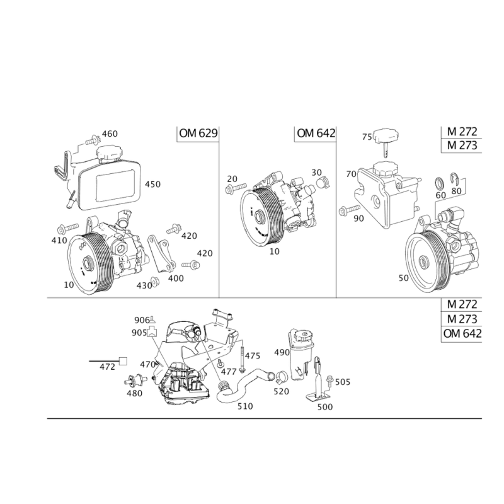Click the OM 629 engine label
click(x=198, y=133)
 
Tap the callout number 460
click(x=110, y=134)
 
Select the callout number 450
click(x=152, y=184)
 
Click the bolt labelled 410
click(x=67, y=229)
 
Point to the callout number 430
click(x=144, y=285)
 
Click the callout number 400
click(x=176, y=278)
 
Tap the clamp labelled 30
click(x=323, y=183)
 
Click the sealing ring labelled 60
click(x=440, y=183)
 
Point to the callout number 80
click(x=456, y=191)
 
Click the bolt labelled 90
click(x=350, y=210)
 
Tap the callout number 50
click(x=404, y=278)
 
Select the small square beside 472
click(x=123, y=361)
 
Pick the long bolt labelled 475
click(x=242, y=357)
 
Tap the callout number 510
click(x=245, y=406)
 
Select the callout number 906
click(x=142, y=320)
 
